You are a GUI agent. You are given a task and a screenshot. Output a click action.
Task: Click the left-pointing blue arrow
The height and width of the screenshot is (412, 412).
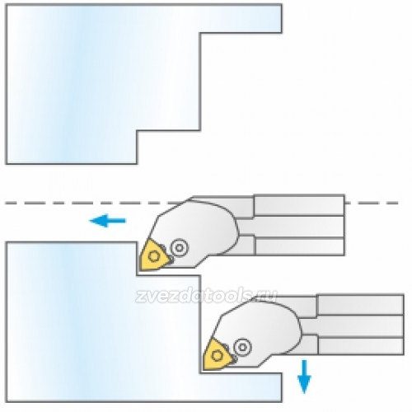pos(108,221)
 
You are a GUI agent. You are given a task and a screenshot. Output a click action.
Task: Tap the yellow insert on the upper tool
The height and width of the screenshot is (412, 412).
pos(153,256)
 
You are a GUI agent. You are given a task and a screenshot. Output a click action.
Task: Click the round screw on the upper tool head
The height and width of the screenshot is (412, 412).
pos(180,248)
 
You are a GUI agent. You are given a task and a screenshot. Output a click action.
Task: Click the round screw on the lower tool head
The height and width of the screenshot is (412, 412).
pos(242,347)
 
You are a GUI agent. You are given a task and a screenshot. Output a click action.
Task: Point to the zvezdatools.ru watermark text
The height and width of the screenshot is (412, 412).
pos(205,296)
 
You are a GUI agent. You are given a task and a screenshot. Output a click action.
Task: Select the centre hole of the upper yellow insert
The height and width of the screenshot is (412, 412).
pos(153,256)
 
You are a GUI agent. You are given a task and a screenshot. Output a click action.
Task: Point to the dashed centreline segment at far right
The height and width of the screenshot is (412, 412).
pos(372,203)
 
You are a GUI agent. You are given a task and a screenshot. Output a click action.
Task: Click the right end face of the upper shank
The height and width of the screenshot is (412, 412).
pos(344,225)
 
